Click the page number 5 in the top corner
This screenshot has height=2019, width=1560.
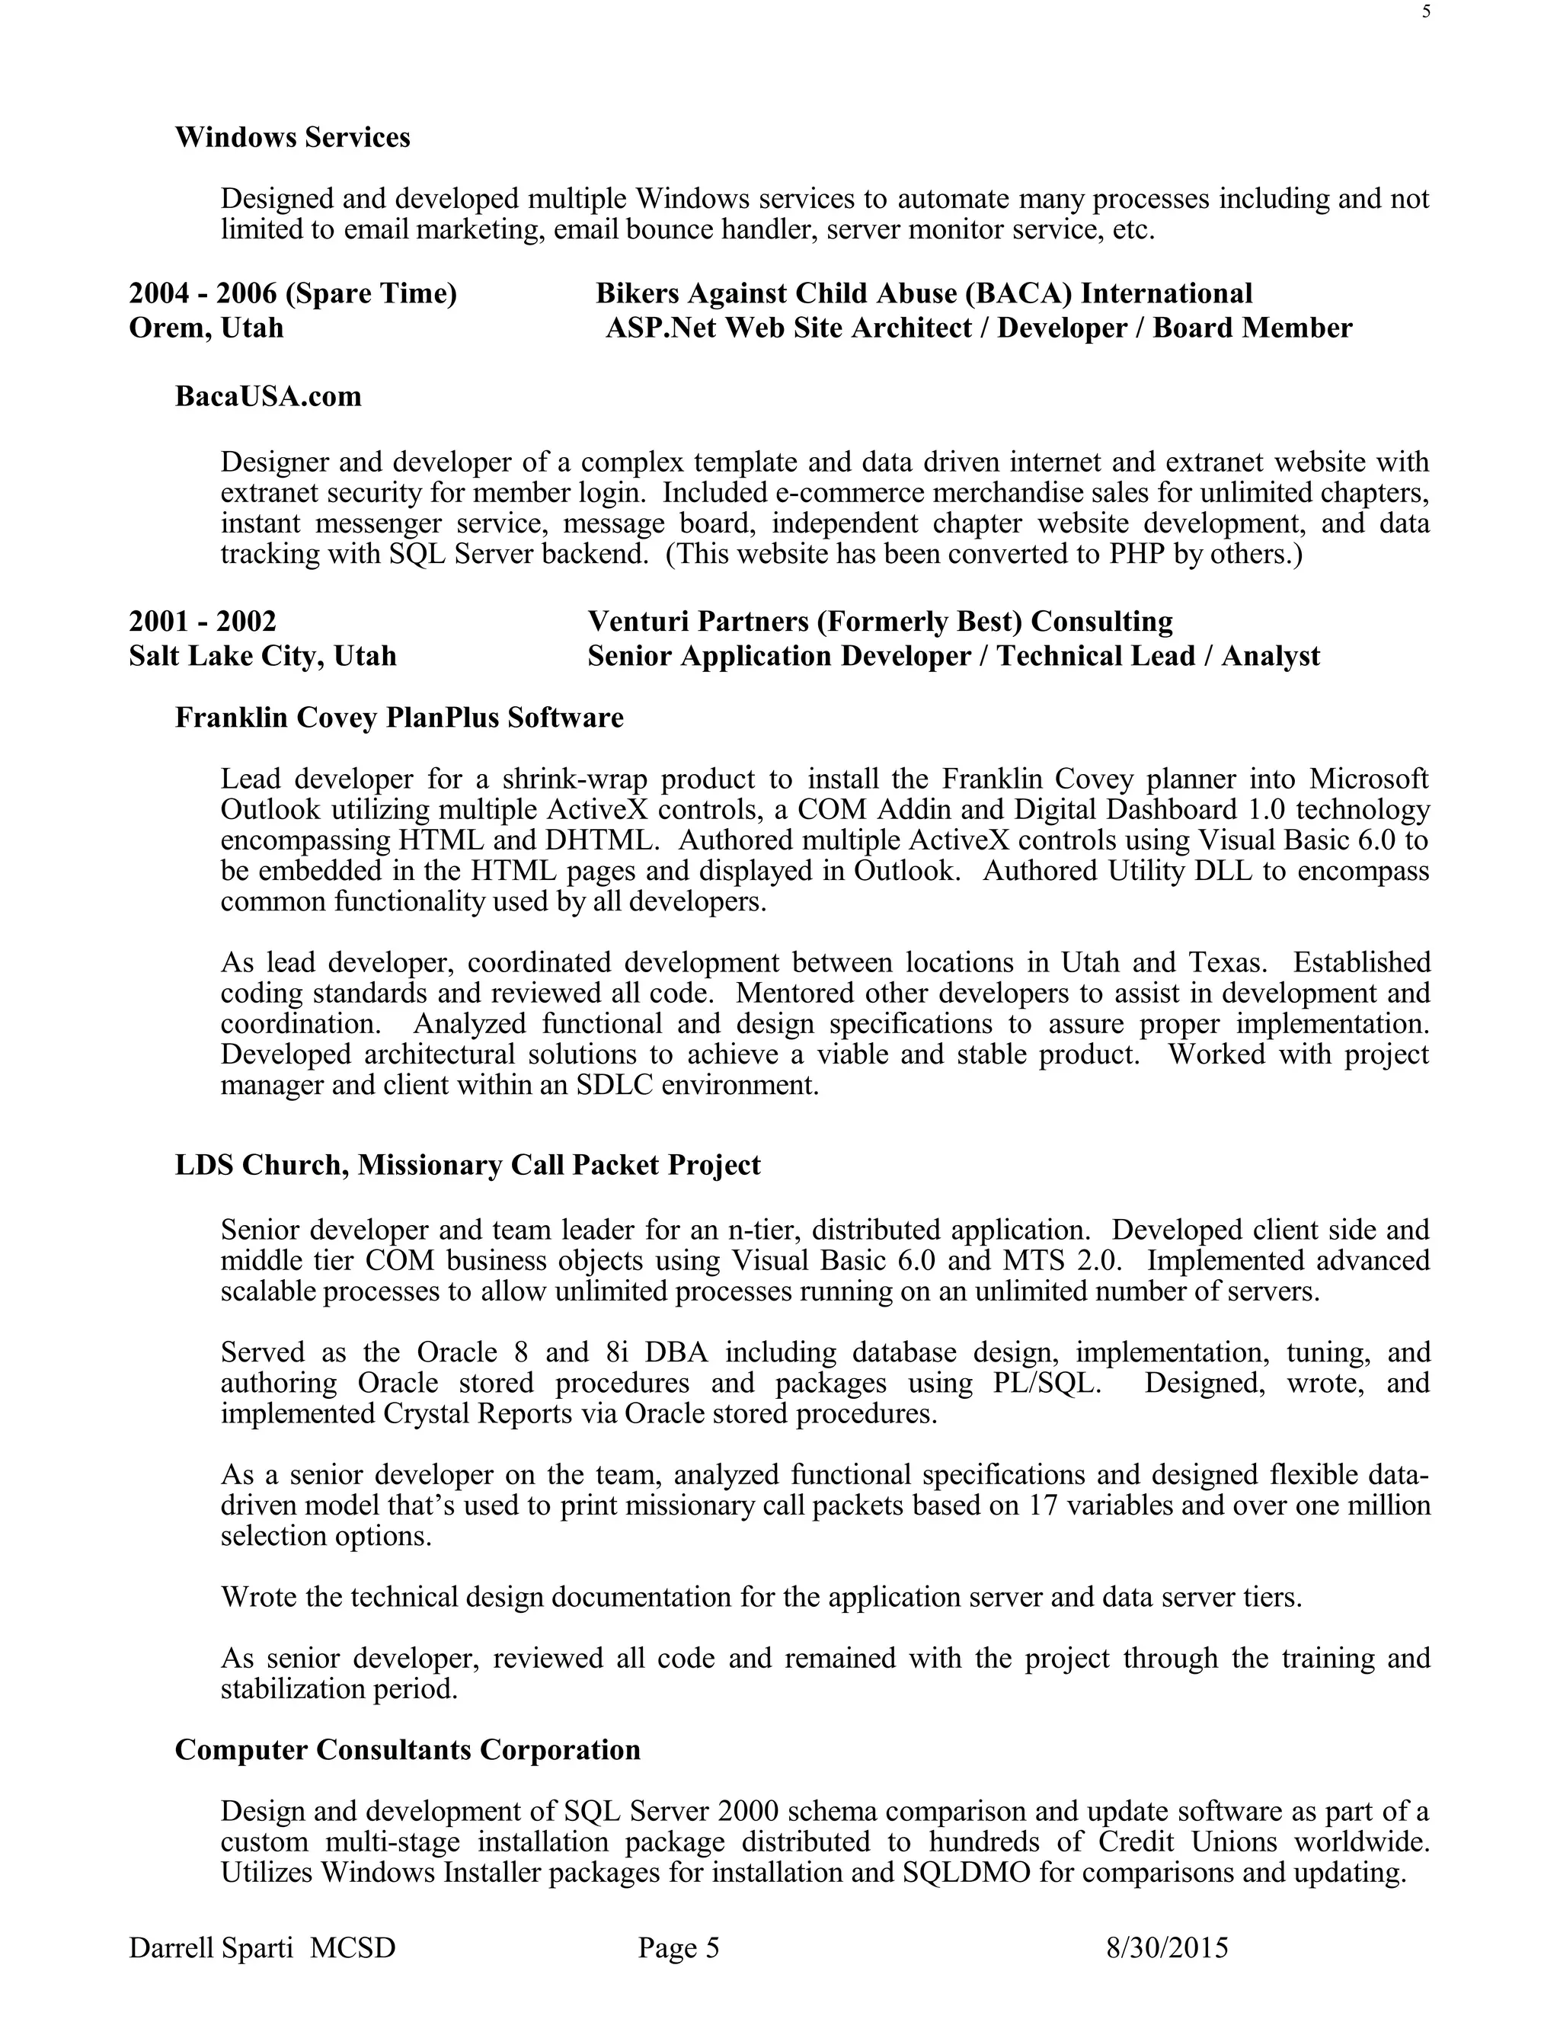[x=1426, y=12]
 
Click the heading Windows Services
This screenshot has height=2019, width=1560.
[x=292, y=138]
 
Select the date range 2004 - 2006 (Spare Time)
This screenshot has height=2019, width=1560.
[x=292, y=294]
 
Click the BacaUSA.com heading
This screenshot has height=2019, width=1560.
[x=268, y=397]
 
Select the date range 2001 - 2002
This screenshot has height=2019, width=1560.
[x=203, y=621]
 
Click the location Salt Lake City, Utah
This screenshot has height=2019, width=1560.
[x=263, y=656]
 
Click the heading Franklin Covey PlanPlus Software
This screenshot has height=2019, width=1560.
[x=399, y=718]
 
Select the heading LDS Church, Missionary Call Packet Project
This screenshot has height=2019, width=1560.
[x=468, y=1166]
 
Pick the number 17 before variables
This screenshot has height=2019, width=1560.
[x=1045, y=1506]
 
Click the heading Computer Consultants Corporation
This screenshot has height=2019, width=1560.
[x=408, y=1750]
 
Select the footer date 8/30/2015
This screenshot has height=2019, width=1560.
[x=1167, y=1949]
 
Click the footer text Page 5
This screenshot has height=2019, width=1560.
[x=679, y=1949]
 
